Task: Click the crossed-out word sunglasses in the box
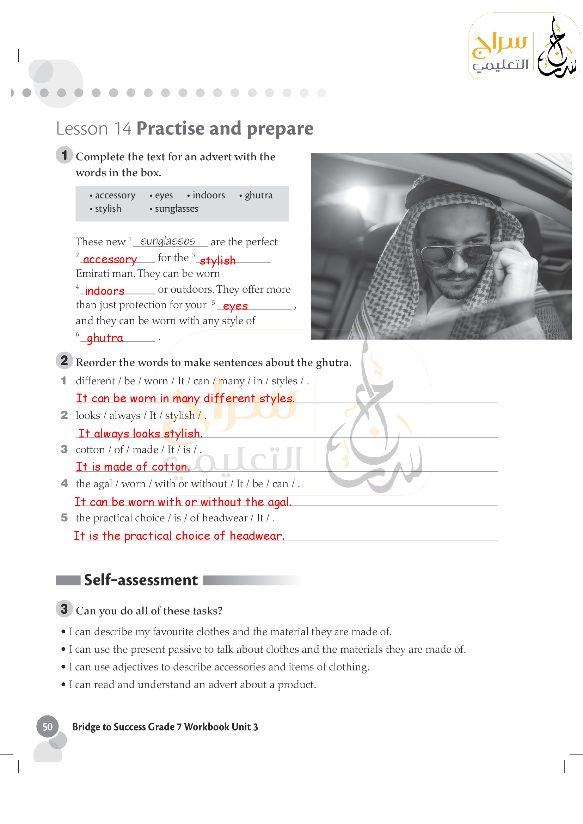click(x=176, y=209)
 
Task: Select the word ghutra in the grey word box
click(x=258, y=195)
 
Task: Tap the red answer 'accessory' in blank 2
click(x=110, y=259)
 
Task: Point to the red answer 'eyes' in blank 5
click(x=235, y=306)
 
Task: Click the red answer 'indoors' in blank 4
click(x=104, y=290)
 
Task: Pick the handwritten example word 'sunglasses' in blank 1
click(x=168, y=241)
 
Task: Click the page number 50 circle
click(x=47, y=726)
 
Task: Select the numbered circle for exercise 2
click(x=64, y=360)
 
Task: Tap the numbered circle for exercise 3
click(x=64, y=609)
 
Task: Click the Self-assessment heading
click(x=141, y=580)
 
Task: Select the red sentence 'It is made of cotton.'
click(x=133, y=466)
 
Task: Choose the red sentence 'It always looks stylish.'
click(x=140, y=433)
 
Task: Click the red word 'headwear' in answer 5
click(x=257, y=535)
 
